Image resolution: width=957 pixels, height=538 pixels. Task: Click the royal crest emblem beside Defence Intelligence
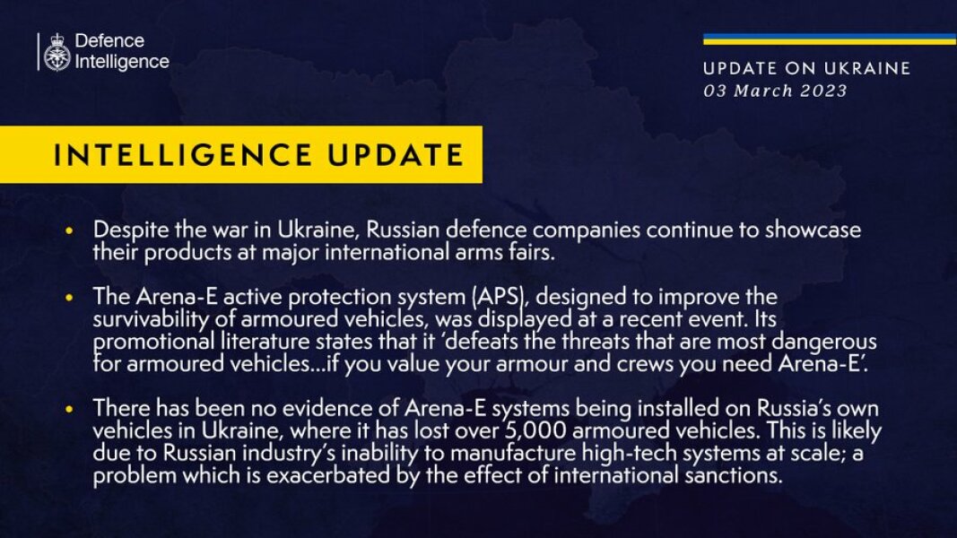pyautogui.click(x=57, y=52)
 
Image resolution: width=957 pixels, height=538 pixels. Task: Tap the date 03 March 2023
pyautogui.click(x=775, y=91)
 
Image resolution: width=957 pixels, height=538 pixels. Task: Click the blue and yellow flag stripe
pyautogui.click(x=829, y=39)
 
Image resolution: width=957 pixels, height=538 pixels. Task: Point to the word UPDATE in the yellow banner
pyautogui.click(x=392, y=155)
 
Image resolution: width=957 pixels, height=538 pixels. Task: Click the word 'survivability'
pyautogui.click(x=144, y=318)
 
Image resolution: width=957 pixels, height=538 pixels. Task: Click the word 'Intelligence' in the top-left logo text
pyautogui.click(x=122, y=62)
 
